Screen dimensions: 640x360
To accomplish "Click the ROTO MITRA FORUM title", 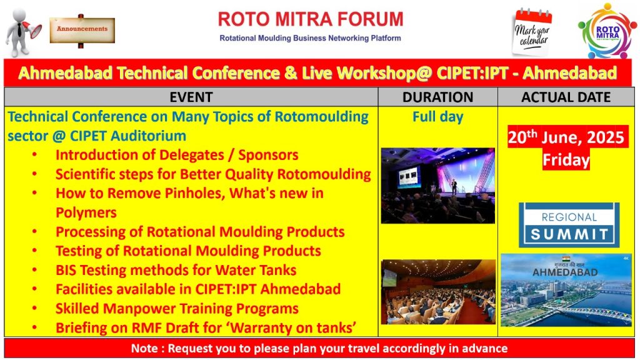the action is (x=310, y=19).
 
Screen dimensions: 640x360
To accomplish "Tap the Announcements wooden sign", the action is (x=82, y=29).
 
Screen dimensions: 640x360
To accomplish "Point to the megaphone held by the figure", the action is (x=32, y=30).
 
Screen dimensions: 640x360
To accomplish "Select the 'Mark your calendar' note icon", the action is (x=532, y=32).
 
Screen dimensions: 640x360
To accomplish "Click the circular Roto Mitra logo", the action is (x=607, y=31).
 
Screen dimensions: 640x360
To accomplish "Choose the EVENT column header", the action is (x=191, y=97).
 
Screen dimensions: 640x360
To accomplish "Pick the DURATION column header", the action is (x=437, y=97).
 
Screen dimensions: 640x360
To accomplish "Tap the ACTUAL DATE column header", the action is (x=566, y=97).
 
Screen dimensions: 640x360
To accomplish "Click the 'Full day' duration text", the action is (x=437, y=117).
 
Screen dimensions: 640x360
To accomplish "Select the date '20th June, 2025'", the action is (x=566, y=137).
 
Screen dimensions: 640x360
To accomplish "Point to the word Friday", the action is (x=566, y=159).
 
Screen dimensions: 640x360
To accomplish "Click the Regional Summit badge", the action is (x=569, y=225).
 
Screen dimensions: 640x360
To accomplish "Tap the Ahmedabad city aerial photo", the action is (x=566, y=290).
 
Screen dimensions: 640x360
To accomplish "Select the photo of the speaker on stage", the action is (x=437, y=186).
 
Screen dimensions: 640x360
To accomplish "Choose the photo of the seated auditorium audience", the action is (x=437, y=292).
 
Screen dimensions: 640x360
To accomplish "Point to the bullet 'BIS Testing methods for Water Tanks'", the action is (x=176, y=270).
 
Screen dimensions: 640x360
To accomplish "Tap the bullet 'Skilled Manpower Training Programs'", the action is (x=177, y=309).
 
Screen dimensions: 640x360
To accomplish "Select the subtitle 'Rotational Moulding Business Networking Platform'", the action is (x=310, y=38).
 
